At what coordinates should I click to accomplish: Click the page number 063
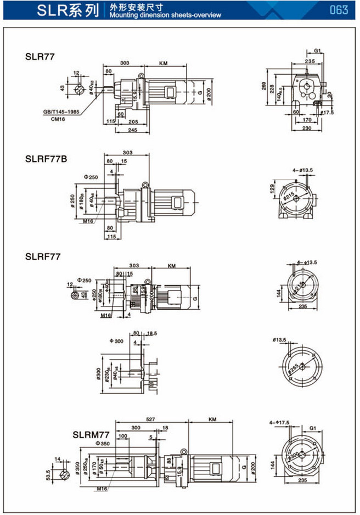click(x=339, y=10)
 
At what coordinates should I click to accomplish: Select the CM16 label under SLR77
click(x=59, y=118)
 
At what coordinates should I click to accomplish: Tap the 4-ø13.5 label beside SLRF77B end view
click(x=302, y=170)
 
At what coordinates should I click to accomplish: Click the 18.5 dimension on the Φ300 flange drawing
click(x=151, y=333)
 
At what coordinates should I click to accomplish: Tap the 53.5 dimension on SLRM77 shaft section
click(x=48, y=474)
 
